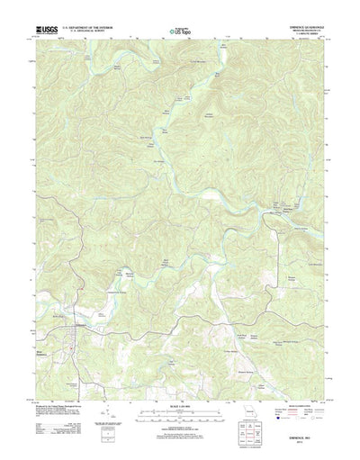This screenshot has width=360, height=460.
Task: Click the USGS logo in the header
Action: point(45,29)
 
